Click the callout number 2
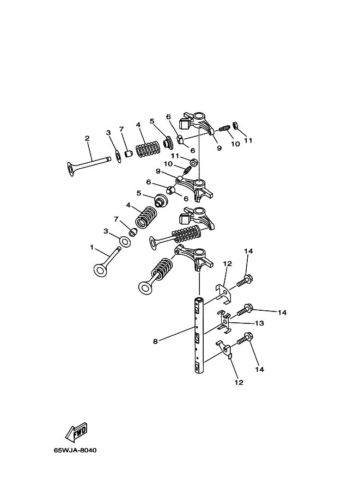tap(87, 138)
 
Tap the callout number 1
tap(92, 247)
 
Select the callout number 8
tap(155, 341)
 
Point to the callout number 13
tap(259, 323)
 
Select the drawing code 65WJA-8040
tap(75, 450)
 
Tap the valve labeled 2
tap(89, 165)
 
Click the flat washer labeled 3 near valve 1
tap(126, 242)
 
